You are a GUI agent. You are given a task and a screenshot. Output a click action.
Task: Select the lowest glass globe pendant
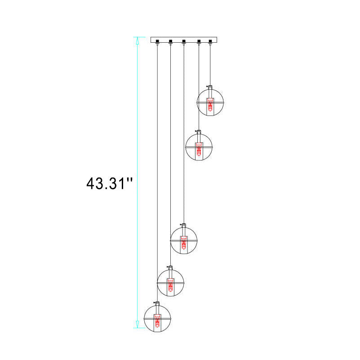click(x=157, y=318)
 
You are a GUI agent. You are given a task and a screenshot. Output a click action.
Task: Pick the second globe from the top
click(x=199, y=147)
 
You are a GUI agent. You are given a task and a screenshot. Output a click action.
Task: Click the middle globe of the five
click(x=183, y=240)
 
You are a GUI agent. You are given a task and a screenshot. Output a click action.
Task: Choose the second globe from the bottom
click(x=170, y=282)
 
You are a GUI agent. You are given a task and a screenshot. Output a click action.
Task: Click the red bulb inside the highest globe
click(x=210, y=106)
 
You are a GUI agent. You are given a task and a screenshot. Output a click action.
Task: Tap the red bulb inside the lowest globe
click(x=157, y=322)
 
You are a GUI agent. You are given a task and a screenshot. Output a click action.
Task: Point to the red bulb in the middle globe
click(x=183, y=244)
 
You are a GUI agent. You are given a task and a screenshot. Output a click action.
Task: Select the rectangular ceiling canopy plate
click(x=184, y=39)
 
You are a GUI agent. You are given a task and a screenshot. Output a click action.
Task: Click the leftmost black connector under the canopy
click(x=157, y=42)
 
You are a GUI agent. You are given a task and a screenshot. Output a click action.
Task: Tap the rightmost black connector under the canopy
click(x=210, y=42)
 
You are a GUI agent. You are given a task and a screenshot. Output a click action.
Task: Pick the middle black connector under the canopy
click(x=183, y=42)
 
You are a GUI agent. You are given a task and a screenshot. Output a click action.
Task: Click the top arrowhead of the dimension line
click(x=138, y=41)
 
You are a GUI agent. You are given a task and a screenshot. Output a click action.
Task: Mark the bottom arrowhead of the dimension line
click(x=138, y=324)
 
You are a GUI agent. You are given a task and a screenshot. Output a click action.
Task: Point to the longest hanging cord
click(x=157, y=171)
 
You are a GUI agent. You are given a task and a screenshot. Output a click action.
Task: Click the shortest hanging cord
click(x=210, y=63)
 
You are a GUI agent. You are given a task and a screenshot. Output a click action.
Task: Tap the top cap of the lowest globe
click(x=157, y=303)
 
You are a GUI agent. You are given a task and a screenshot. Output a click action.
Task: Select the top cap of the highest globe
click(x=210, y=86)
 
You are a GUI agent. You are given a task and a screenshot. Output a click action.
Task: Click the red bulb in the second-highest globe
click(x=199, y=150)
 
